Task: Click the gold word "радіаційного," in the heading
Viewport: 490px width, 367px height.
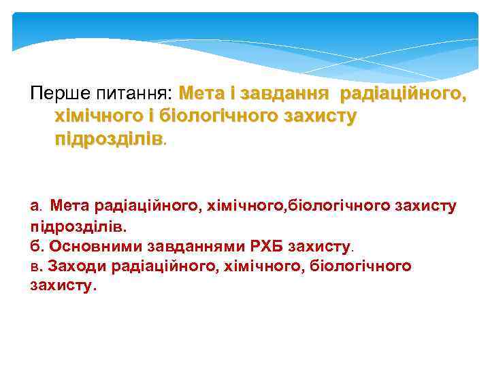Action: pyautogui.click(x=404, y=92)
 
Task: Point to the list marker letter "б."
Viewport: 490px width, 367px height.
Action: pyautogui.click(x=37, y=245)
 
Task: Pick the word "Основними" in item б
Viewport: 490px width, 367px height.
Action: pyautogui.click(x=84, y=245)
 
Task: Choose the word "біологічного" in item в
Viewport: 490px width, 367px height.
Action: pyautogui.click(x=359, y=266)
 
